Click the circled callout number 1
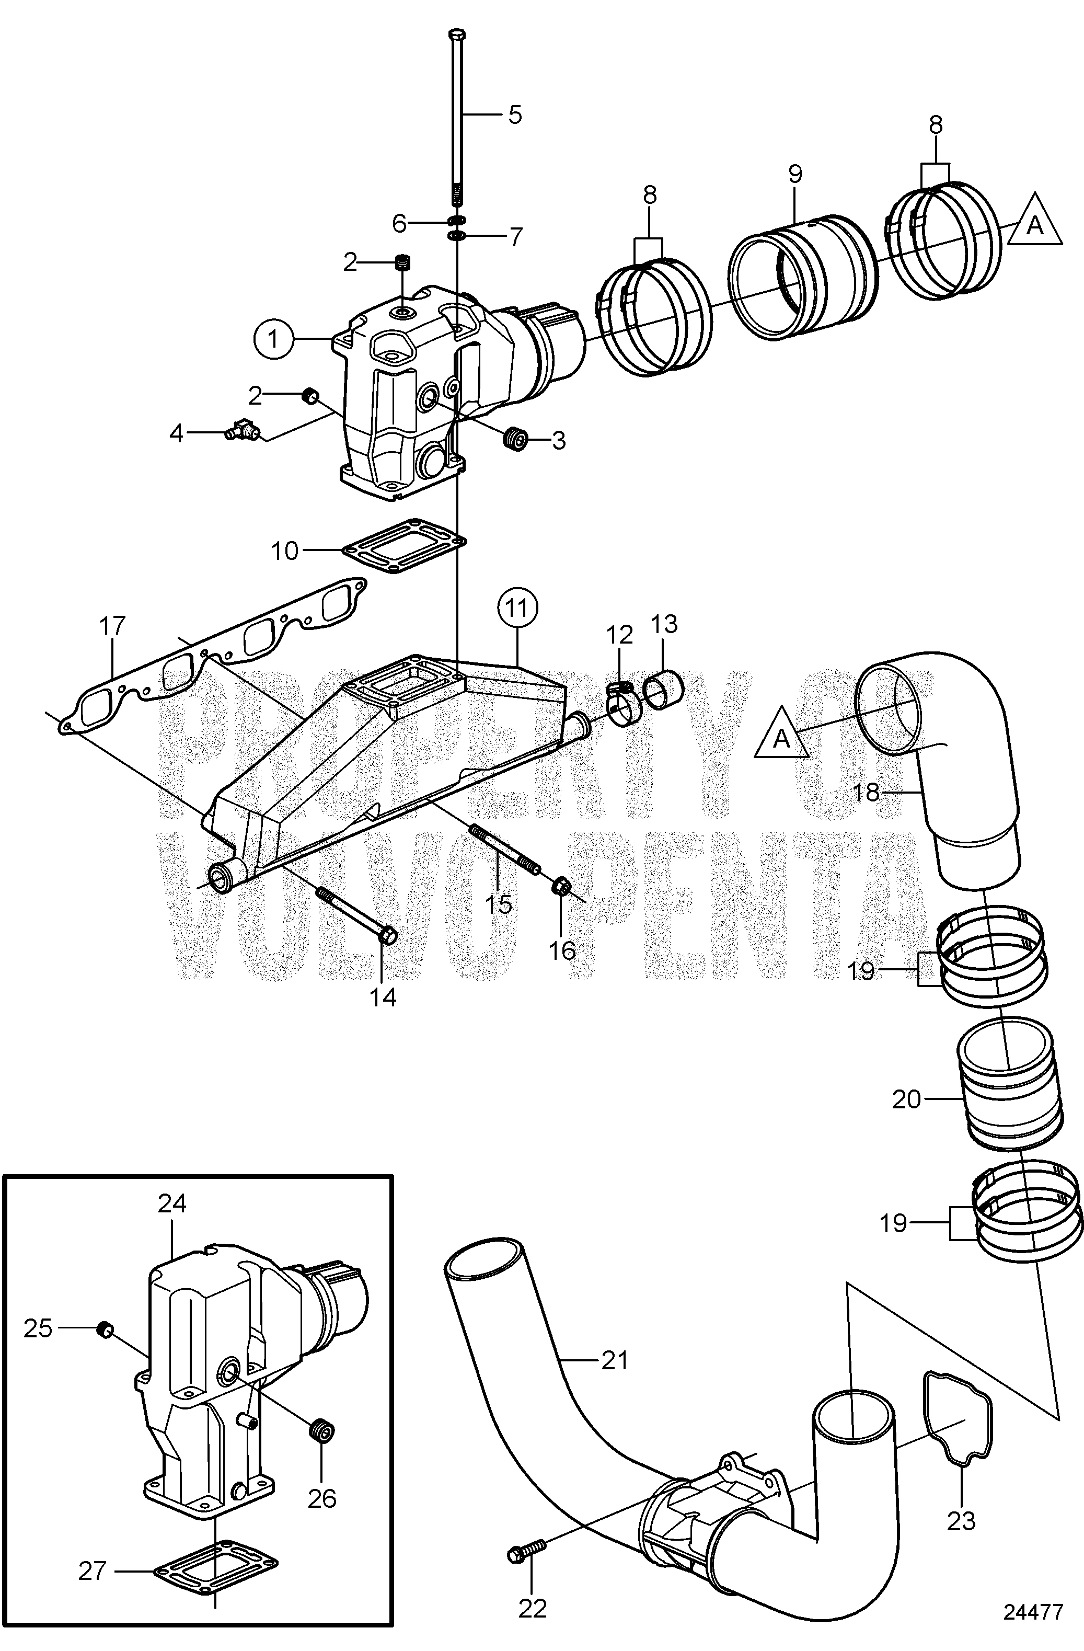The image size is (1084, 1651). point(274,339)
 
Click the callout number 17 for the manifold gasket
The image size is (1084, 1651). point(112,626)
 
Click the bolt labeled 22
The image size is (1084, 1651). point(523,1550)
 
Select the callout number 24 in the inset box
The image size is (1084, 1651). point(172,1203)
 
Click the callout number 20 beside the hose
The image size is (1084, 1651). point(906,1099)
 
